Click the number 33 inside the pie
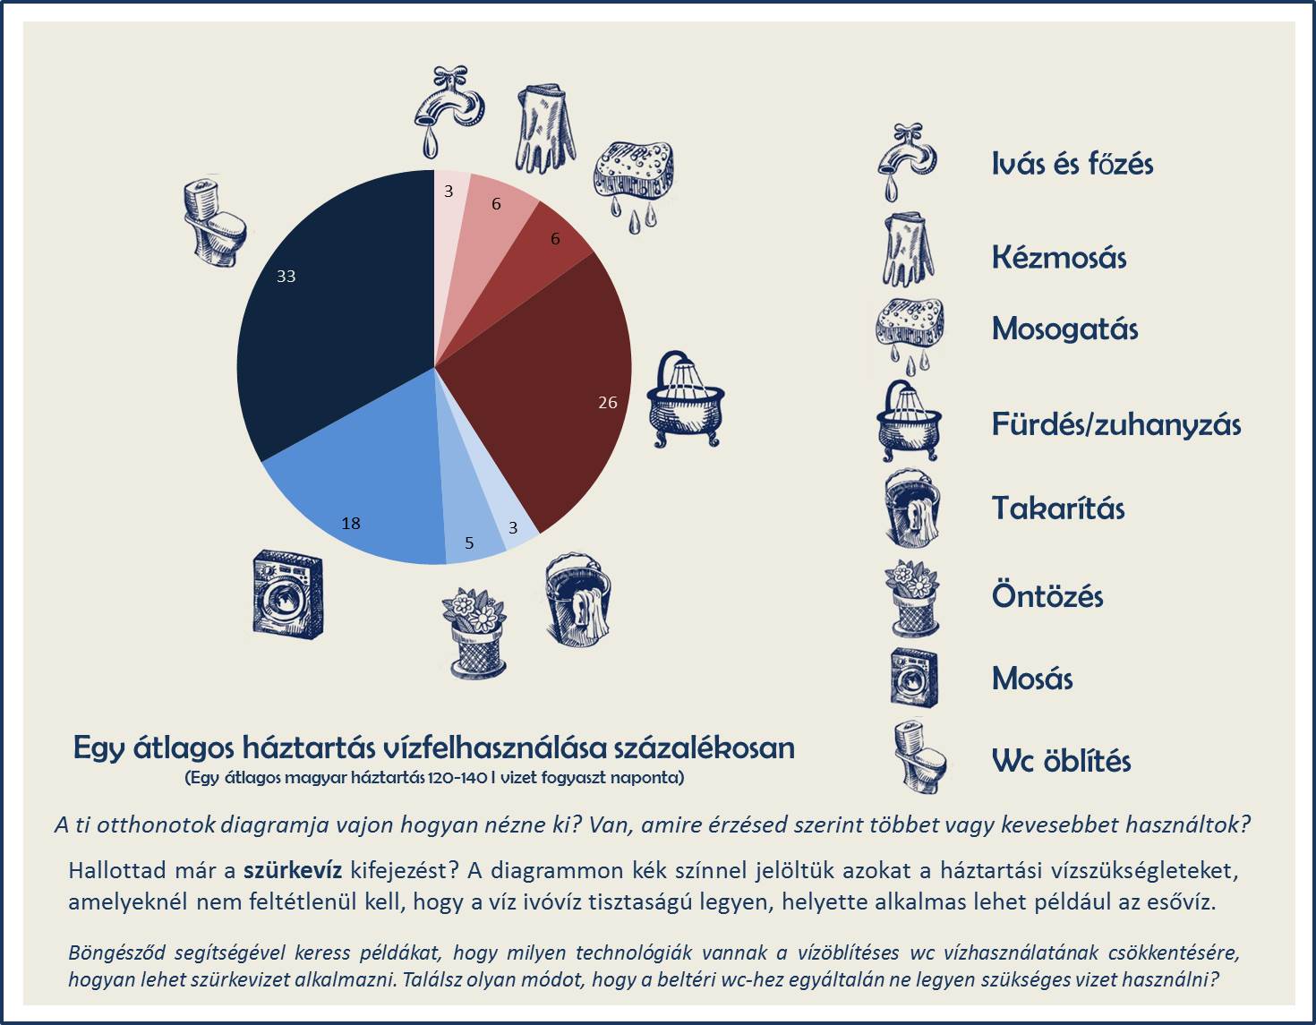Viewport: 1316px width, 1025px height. [286, 277]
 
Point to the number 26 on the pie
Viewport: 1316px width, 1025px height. [608, 403]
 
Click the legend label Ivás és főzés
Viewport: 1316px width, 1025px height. [1072, 164]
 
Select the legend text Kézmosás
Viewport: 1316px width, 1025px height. [1058, 258]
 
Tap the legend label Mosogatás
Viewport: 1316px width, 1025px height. [1064, 329]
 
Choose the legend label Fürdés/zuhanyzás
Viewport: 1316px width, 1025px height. [1115, 424]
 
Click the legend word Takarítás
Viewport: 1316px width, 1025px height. [1057, 508]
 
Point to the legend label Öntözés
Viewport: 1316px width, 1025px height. [1047, 596]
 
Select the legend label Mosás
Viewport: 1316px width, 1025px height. [1031, 679]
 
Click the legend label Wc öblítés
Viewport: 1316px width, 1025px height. [1061, 761]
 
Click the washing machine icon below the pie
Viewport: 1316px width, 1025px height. [287, 594]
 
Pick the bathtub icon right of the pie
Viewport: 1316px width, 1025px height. [685, 399]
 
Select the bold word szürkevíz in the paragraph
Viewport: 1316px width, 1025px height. [293, 870]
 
